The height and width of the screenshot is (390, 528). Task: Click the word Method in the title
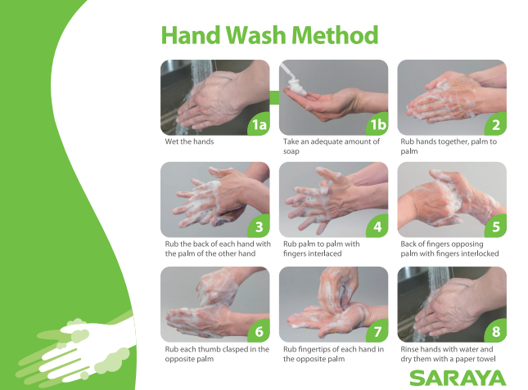tap(336, 35)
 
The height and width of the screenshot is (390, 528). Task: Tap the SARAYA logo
tap(458, 377)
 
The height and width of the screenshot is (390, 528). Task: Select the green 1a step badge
tap(259, 125)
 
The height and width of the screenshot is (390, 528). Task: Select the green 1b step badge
tap(377, 125)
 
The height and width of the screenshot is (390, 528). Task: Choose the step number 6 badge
tap(259, 332)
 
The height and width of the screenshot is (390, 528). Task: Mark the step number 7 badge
tap(377, 332)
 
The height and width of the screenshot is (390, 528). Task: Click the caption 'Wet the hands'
tap(190, 141)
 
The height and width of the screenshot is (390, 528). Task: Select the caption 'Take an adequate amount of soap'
tap(332, 146)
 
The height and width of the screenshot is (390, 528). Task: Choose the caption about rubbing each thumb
tap(217, 355)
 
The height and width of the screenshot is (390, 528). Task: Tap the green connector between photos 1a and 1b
tap(275, 97)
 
